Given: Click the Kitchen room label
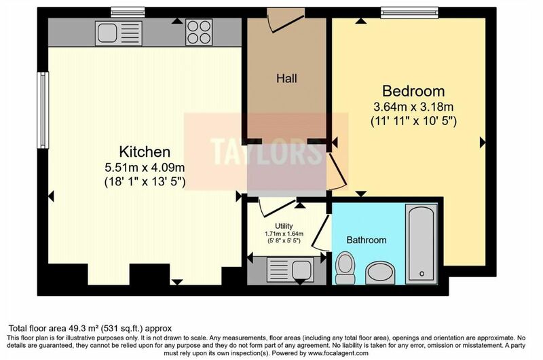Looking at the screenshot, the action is (145, 151).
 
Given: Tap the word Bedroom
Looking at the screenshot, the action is (413, 91).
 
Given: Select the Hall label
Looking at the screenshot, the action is (286, 78).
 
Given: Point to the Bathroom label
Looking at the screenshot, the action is (367, 240).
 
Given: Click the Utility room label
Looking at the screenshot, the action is (284, 226).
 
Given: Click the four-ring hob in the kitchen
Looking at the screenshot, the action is (199, 32).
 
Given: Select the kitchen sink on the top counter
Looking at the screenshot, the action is (118, 33).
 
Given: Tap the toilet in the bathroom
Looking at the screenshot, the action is (345, 268).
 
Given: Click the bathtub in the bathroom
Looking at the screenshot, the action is (421, 244).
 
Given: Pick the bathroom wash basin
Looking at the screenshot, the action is (380, 272).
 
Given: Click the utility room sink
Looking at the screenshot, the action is (291, 269).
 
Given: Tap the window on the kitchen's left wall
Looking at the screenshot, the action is (43, 110).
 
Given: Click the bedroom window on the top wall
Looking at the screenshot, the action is (409, 12).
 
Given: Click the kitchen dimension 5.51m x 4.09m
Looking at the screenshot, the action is (145, 168).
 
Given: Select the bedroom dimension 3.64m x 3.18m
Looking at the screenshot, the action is (413, 107).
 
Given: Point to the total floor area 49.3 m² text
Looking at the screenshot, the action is (90, 328).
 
